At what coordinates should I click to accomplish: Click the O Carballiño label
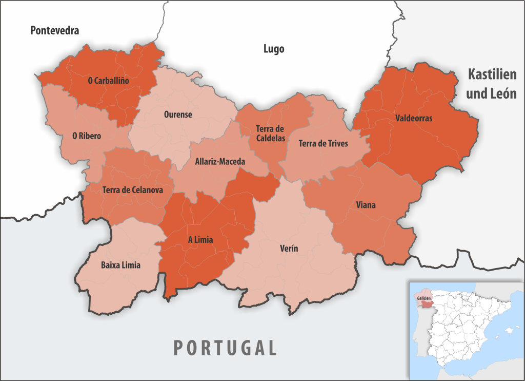(x=108, y=81)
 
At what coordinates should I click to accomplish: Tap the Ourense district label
(x=178, y=115)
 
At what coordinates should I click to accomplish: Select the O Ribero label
(x=87, y=136)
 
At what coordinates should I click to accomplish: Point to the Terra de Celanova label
(x=133, y=190)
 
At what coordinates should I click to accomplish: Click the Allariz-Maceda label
(x=220, y=161)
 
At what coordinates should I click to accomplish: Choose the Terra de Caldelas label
(x=270, y=134)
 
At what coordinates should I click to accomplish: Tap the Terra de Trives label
(x=323, y=144)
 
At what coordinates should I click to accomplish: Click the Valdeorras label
(x=414, y=118)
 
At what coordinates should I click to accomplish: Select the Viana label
(x=366, y=205)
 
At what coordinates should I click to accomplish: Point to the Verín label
(x=289, y=249)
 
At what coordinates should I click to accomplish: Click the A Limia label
(x=200, y=239)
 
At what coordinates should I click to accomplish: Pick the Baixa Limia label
(x=120, y=265)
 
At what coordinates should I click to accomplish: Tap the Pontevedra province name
(x=55, y=31)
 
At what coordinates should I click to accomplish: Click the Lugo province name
(x=274, y=49)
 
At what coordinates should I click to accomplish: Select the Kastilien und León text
(x=491, y=84)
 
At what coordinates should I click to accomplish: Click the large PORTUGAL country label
(x=225, y=348)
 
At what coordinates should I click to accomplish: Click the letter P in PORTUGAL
(x=178, y=348)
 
